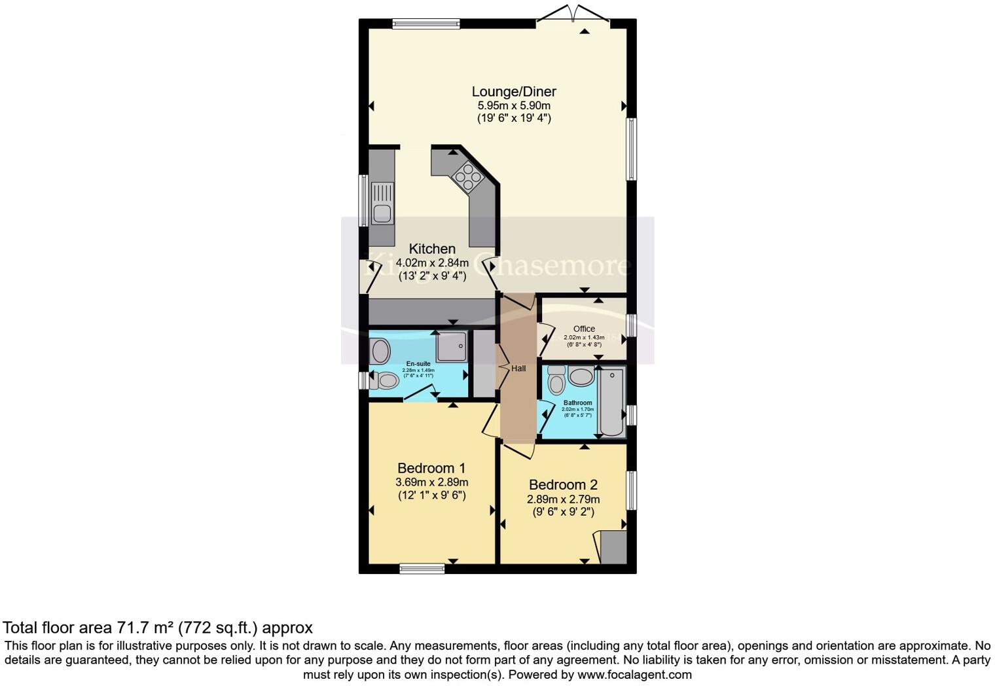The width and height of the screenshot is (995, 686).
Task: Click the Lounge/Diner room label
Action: pos(514,92)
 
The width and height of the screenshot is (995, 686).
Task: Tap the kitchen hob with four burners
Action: pos(466,176)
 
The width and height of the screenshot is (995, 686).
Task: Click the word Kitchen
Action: pos(432,249)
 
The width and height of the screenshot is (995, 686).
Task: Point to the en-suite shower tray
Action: pos(452,346)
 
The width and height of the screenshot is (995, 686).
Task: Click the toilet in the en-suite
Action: pos(384,380)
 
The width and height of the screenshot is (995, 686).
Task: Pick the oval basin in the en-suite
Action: pos(380,352)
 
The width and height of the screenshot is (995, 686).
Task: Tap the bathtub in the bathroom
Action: pos(612,402)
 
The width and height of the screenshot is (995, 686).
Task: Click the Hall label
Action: pos(518,369)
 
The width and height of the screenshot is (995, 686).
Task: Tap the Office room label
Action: pos(584,329)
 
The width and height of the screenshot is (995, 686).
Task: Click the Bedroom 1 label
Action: pos(431,468)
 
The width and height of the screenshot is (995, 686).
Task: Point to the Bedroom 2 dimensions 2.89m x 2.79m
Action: pos(563,499)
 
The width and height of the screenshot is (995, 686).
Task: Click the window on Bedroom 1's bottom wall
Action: pos(422,568)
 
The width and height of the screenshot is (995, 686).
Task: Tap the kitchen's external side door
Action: pos(369,276)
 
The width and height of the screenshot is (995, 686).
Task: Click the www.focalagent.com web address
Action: pos(634,674)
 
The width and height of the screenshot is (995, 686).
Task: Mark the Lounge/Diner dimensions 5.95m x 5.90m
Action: pos(514,105)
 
